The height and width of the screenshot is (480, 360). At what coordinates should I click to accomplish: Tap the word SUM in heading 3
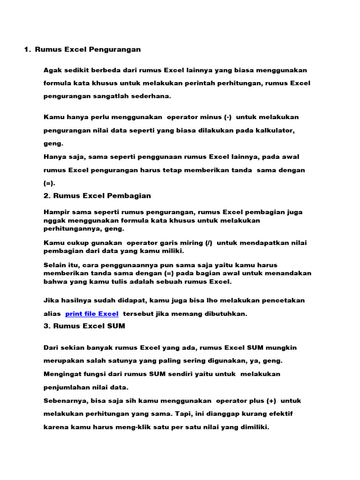(x=117, y=326)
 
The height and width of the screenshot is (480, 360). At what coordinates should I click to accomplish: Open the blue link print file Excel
(x=92, y=314)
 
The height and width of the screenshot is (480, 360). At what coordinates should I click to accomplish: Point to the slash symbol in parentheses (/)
(x=208, y=242)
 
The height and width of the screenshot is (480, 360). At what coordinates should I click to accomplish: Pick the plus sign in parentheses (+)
(x=270, y=401)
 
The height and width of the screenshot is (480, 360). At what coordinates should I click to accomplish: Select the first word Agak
(x=52, y=70)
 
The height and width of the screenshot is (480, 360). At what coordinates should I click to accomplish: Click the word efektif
(x=280, y=414)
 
